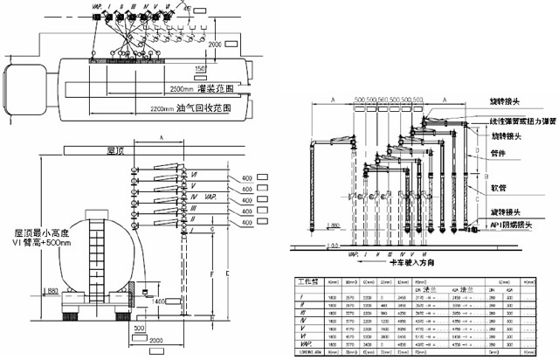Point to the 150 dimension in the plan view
coord(201,68)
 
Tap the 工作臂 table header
coord(308,283)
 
